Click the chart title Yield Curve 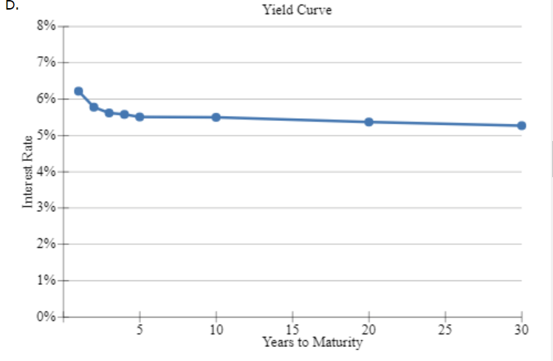(295, 10)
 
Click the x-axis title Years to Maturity (312, 343)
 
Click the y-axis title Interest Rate (28, 172)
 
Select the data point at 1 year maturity (78, 92)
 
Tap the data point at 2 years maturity (94, 107)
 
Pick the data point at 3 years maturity (109, 113)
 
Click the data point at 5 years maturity (140, 117)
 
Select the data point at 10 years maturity (216, 117)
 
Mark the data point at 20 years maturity (368, 122)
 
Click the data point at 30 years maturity (521, 126)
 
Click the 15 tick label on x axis (292, 329)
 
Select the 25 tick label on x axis (445, 329)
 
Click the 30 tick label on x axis (521, 329)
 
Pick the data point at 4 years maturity (124, 114)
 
